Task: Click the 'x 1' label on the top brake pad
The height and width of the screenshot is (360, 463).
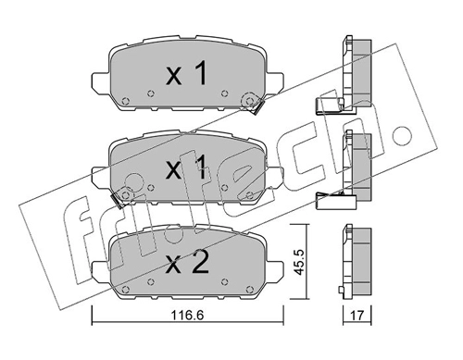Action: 185,76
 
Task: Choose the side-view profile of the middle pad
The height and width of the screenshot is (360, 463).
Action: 356,164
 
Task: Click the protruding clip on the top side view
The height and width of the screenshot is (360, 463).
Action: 329,105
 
